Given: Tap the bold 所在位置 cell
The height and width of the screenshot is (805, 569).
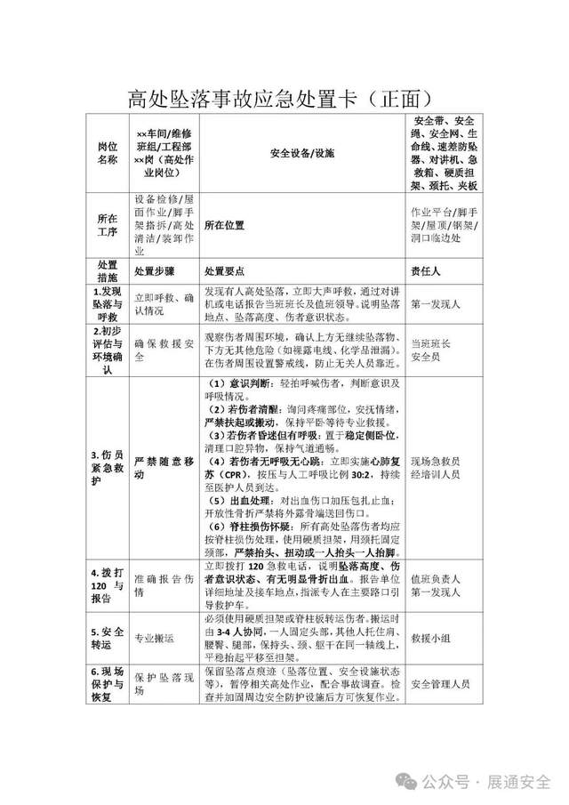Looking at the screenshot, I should click(x=224, y=226).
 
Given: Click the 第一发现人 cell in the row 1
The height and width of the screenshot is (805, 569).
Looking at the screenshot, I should click(x=436, y=304).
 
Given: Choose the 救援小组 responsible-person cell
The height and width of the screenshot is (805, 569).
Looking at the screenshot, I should click(x=433, y=638).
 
